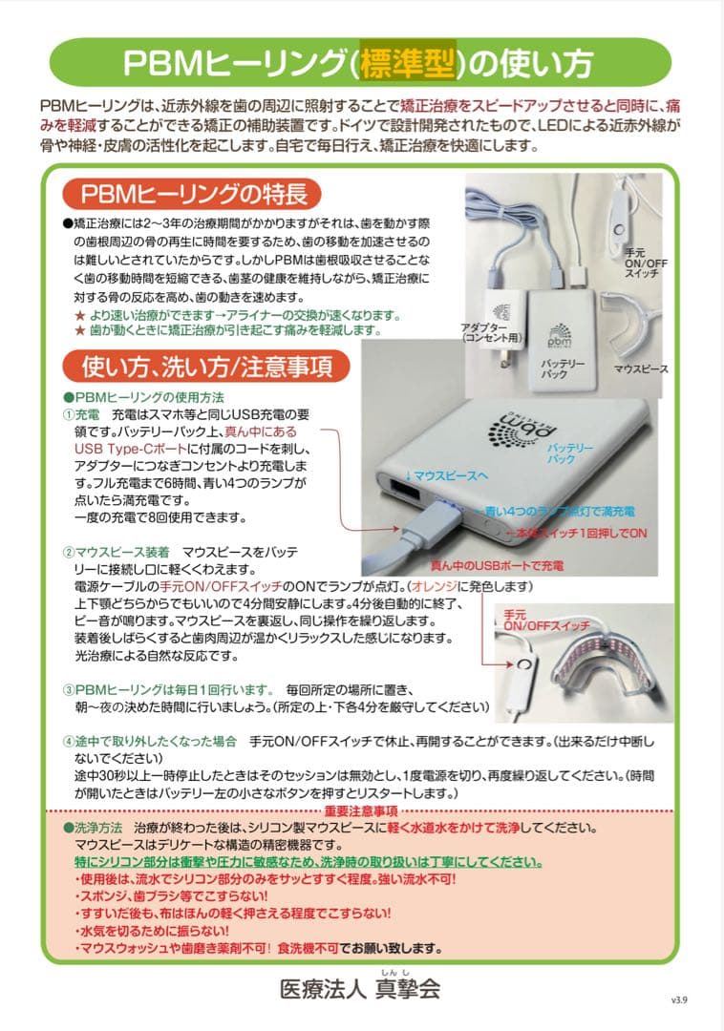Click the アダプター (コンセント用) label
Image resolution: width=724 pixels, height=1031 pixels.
point(488,332)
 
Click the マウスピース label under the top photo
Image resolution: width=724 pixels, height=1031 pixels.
point(640,368)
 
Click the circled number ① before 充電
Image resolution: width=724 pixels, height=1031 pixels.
point(69,414)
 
